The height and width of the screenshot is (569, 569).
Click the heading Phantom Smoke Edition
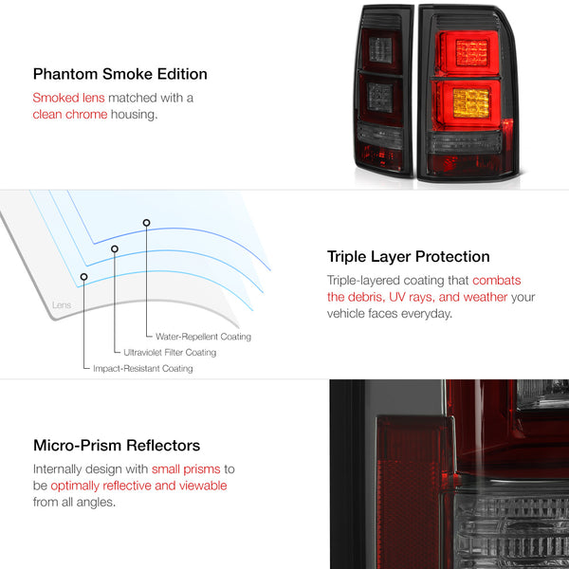120,74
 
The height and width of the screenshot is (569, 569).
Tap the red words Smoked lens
68,98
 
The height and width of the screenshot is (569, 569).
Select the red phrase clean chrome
70,115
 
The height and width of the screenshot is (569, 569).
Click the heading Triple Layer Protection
408,257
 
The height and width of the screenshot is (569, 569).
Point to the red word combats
496,280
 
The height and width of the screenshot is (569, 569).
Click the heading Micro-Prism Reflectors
117,446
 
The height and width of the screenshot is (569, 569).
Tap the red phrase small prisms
186,469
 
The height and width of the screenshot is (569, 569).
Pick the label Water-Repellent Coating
203,337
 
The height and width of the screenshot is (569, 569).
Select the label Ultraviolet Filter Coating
170,353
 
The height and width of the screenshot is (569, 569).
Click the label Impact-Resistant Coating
143,369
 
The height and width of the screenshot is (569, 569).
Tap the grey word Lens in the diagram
62,305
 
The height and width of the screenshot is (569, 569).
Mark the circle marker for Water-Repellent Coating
146,223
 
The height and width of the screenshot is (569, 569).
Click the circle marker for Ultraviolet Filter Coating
115,248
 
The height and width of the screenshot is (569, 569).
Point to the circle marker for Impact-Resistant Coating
83,277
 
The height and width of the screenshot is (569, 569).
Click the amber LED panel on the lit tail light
471,103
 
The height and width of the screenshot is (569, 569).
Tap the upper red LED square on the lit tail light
471,53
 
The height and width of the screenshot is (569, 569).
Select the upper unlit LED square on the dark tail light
380,50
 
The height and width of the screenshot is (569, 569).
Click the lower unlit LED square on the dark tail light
380,98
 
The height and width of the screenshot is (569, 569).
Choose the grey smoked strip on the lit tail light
466,142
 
